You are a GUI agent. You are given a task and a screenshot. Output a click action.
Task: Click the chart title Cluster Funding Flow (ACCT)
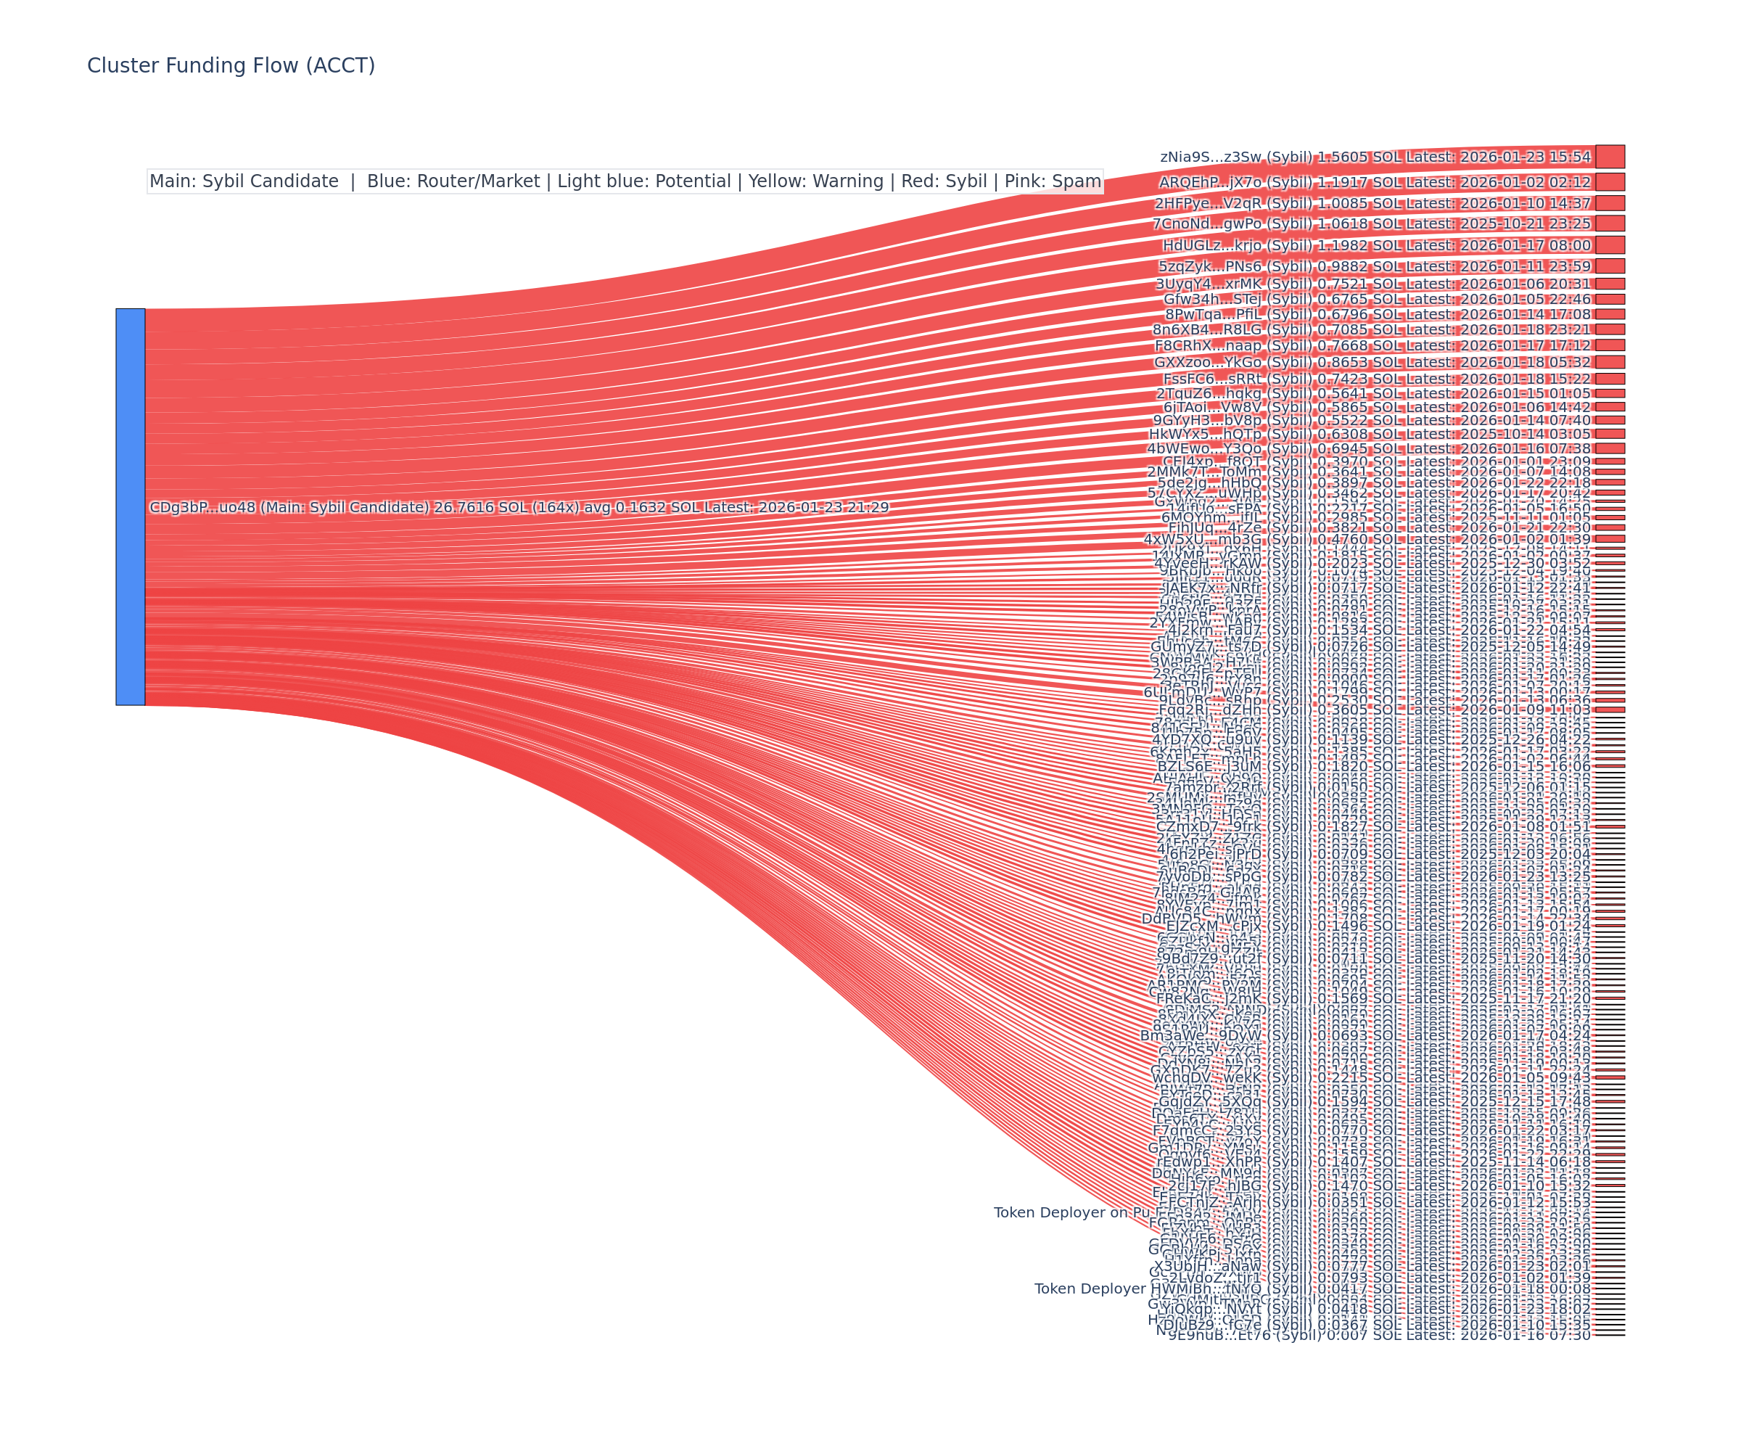231,65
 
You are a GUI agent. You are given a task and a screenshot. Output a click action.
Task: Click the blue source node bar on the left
130,506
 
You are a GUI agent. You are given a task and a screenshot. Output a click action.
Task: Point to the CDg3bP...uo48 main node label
518,507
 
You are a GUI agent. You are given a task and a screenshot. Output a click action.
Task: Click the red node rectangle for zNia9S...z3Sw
1610,157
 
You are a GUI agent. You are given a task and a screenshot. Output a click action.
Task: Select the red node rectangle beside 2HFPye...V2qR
1610,203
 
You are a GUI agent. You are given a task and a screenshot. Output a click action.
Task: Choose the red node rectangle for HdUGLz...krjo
1610,244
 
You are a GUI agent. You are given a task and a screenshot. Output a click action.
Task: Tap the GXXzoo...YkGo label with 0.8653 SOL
1372,362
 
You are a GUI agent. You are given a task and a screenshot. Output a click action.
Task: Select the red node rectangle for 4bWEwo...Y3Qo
1610,448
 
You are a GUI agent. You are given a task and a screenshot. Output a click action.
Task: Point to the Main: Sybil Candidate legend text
244,181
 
